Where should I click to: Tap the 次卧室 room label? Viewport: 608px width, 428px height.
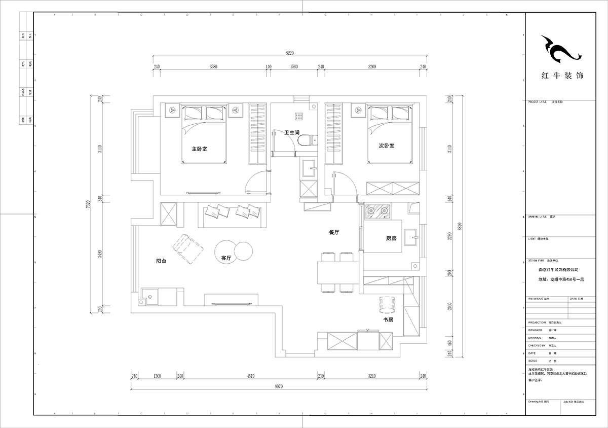click(387, 146)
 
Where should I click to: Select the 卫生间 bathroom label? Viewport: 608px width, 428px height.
click(292, 132)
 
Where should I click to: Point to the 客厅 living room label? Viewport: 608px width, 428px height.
click(226, 258)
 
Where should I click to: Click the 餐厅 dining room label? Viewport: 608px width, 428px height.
click(333, 232)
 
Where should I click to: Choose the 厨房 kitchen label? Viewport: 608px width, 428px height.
click(385, 238)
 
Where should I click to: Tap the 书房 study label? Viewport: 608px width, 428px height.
click(388, 320)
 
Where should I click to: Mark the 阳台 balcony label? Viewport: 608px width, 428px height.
click(162, 261)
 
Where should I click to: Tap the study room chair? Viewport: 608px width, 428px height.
click(387, 304)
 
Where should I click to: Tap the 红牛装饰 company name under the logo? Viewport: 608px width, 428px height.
click(562, 76)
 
